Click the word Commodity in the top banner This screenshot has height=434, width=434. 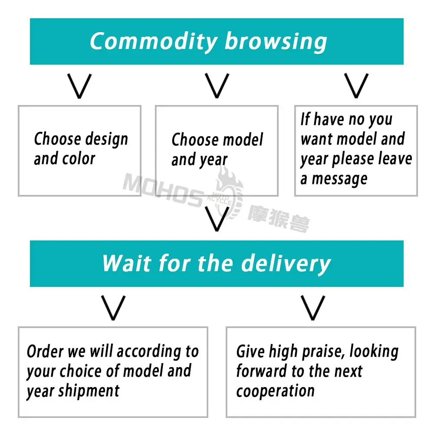point(153,42)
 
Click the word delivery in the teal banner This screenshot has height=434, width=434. point(286,263)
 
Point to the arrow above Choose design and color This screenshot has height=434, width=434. point(80,85)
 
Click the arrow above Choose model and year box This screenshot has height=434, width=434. point(217,85)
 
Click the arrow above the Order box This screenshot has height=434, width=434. point(113,308)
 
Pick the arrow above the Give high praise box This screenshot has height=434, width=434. point(313,308)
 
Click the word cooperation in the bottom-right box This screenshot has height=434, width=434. point(275,391)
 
